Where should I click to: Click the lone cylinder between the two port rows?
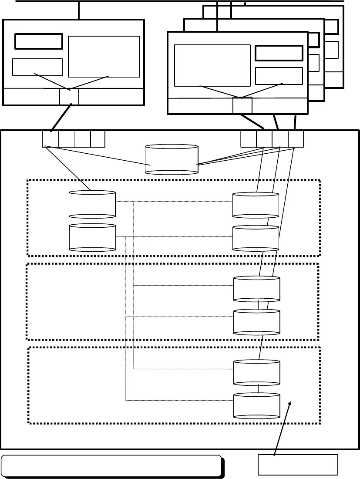pos(172,160)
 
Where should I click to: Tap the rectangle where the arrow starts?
pos(298,465)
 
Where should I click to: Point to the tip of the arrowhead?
pos(291,403)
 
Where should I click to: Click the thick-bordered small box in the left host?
pos(39,41)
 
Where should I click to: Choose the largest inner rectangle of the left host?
pos(104,56)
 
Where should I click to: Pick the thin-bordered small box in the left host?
pos(37,67)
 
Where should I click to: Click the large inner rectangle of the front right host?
pos(212,65)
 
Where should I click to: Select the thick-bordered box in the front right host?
pos(279,53)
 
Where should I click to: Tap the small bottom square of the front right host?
pos(242,106)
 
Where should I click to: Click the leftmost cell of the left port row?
pos(50,139)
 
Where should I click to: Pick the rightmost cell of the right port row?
pos(296,139)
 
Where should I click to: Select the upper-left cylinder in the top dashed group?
pos(92,204)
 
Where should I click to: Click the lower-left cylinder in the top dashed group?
pos(92,237)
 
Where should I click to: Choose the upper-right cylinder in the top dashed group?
pos(256,204)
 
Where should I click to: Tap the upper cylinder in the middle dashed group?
pos(257,288)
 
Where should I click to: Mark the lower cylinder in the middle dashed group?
pos(257,322)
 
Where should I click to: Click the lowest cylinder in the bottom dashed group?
pos(257,405)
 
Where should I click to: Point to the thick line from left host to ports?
pos(60,118)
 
